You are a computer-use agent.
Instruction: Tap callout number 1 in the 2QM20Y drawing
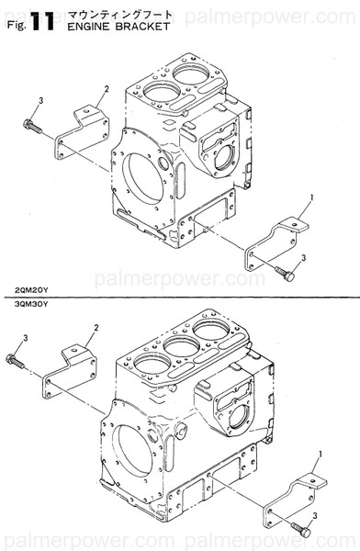[x=314, y=197]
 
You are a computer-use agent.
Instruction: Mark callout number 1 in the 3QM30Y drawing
[x=321, y=454]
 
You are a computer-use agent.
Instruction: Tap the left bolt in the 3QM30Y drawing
[x=15, y=356]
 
